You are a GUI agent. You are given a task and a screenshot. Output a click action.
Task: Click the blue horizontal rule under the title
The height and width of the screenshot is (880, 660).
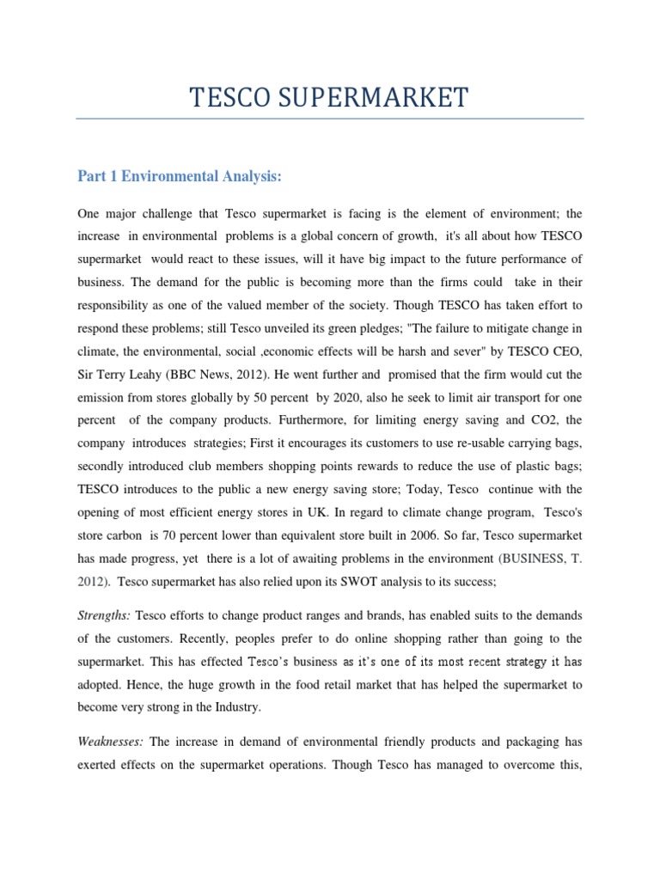point(329,118)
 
